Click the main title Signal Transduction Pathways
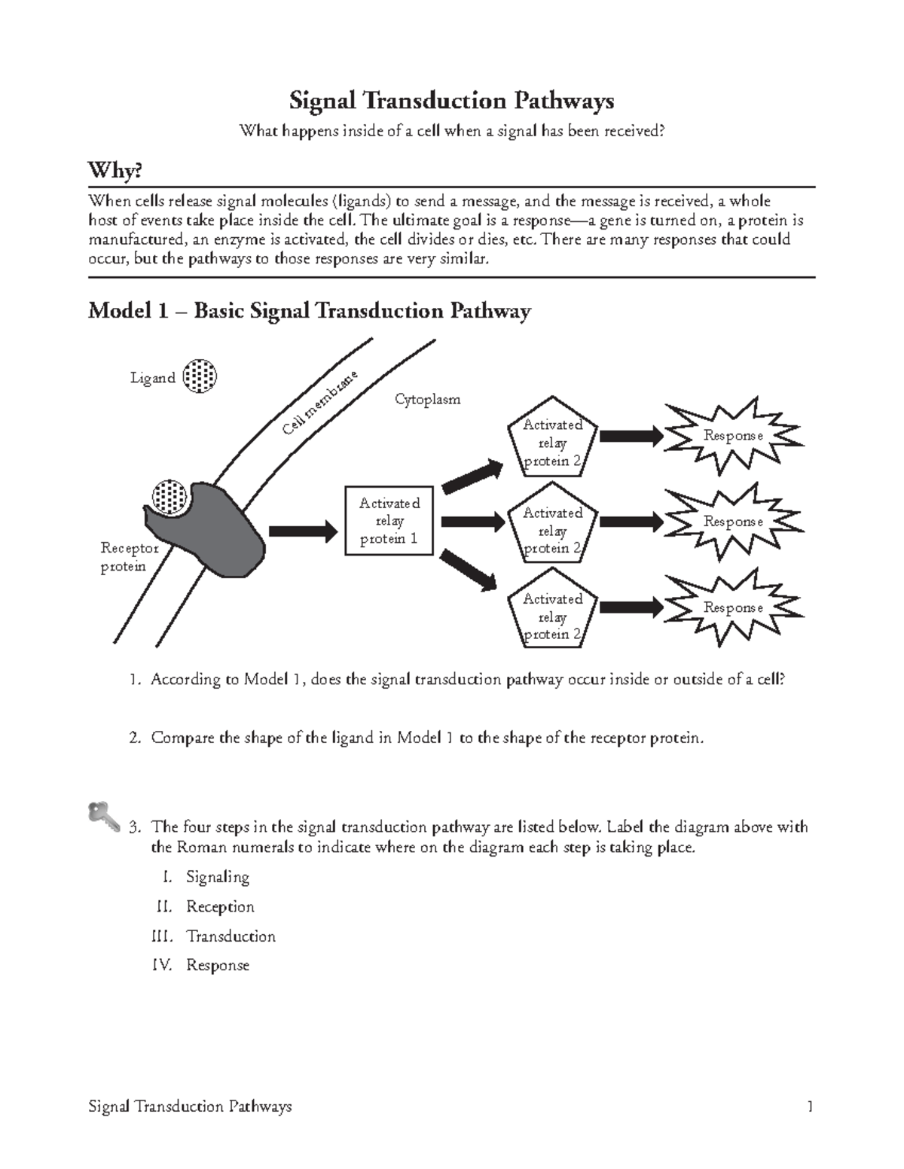pos(452,101)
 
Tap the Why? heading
pos(115,171)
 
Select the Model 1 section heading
pos(310,311)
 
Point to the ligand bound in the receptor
pos(169,497)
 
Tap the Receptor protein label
pos(129,557)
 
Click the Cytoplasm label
pos(427,400)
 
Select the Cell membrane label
pos(319,403)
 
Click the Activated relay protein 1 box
pos(389,521)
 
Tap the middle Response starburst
pos(732,522)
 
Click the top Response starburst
pos(732,436)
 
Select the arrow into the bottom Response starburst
pos(631,607)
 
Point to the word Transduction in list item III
pos(231,936)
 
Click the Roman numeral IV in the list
pos(162,965)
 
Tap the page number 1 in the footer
pos(810,1107)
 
